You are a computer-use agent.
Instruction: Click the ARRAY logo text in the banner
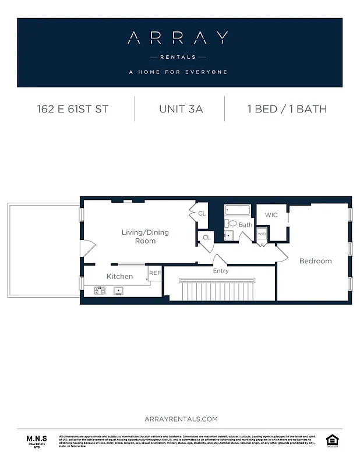[177, 38]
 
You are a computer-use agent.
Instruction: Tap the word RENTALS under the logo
[177, 57]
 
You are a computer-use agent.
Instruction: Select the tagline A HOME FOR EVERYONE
[178, 72]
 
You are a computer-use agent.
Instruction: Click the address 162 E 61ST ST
[72, 109]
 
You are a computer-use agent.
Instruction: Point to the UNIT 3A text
[181, 109]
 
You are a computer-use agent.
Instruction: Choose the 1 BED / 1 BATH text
[287, 109]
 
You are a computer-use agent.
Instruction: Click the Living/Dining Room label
[145, 236]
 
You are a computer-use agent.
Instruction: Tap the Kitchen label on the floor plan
[119, 276]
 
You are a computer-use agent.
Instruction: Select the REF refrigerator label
[154, 273]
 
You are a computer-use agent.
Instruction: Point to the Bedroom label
[315, 261]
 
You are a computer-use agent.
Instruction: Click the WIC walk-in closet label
[271, 215]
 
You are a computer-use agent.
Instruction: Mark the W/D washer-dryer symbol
[262, 234]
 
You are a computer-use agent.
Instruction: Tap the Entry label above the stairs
[221, 271]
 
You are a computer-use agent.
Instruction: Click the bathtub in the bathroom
[237, 211]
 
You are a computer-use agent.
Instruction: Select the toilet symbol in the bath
[232, 223]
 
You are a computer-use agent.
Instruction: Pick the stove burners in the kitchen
[98, 290]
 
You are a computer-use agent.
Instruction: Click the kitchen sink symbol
[119, 290]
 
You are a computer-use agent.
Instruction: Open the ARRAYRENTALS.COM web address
[181, 419]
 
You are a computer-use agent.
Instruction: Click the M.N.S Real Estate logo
[37, 440]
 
